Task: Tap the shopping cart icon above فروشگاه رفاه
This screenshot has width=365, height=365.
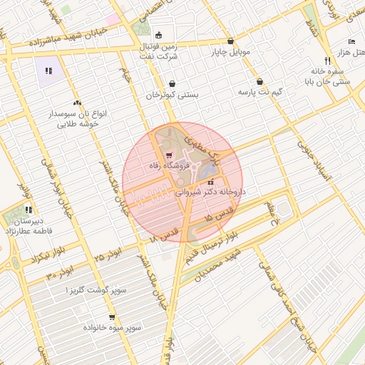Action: coord(168,155)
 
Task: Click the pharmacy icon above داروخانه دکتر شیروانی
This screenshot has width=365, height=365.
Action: coord(208,181)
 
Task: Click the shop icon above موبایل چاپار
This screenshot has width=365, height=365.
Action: coord(230,41)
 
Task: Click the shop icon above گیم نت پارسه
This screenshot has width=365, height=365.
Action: coord(259,81)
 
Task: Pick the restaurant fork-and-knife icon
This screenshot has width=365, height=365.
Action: coord(327,61)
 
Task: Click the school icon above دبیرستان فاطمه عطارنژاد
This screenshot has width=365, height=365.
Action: coord(28,210)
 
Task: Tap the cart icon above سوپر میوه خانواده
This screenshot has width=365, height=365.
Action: coord(111,317)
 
